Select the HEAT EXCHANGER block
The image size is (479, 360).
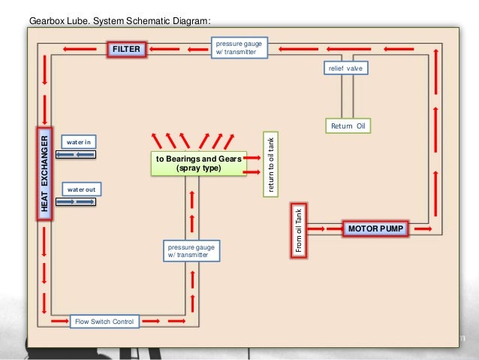point(45,174)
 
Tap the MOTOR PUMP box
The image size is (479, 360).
point(375,228)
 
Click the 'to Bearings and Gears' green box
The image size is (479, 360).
point(198,164)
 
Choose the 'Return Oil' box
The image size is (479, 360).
point(350,126)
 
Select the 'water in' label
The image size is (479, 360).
point(77,141)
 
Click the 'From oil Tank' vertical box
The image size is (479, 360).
point(297,231)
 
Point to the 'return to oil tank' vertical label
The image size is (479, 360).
point(270,165)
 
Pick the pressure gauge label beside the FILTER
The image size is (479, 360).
point(239,47)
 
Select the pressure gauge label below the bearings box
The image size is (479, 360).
point(192,250)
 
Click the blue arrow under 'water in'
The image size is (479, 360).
point(77,154)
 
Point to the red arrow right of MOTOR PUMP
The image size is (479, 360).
point(423,228)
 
